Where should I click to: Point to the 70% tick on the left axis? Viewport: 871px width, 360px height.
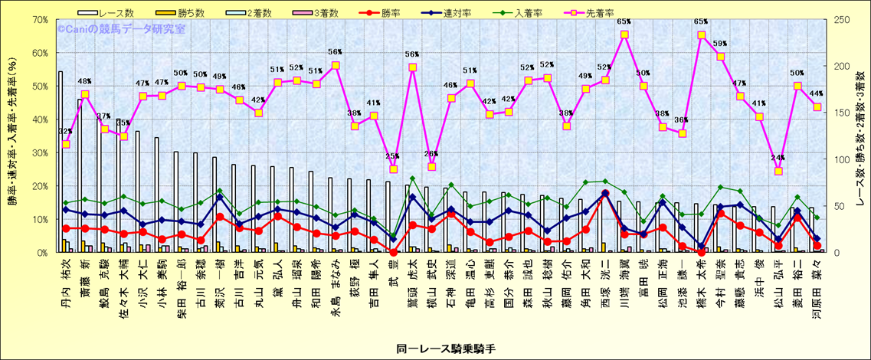(x=40, y=20)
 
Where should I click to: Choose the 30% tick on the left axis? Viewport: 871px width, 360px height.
(x=40, y=153)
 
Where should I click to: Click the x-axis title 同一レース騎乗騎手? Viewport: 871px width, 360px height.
(x=436, y=349)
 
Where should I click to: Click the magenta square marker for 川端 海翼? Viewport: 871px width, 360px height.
(x=624, y=34)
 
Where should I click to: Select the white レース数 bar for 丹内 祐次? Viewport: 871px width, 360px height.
(x=60, y=162)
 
